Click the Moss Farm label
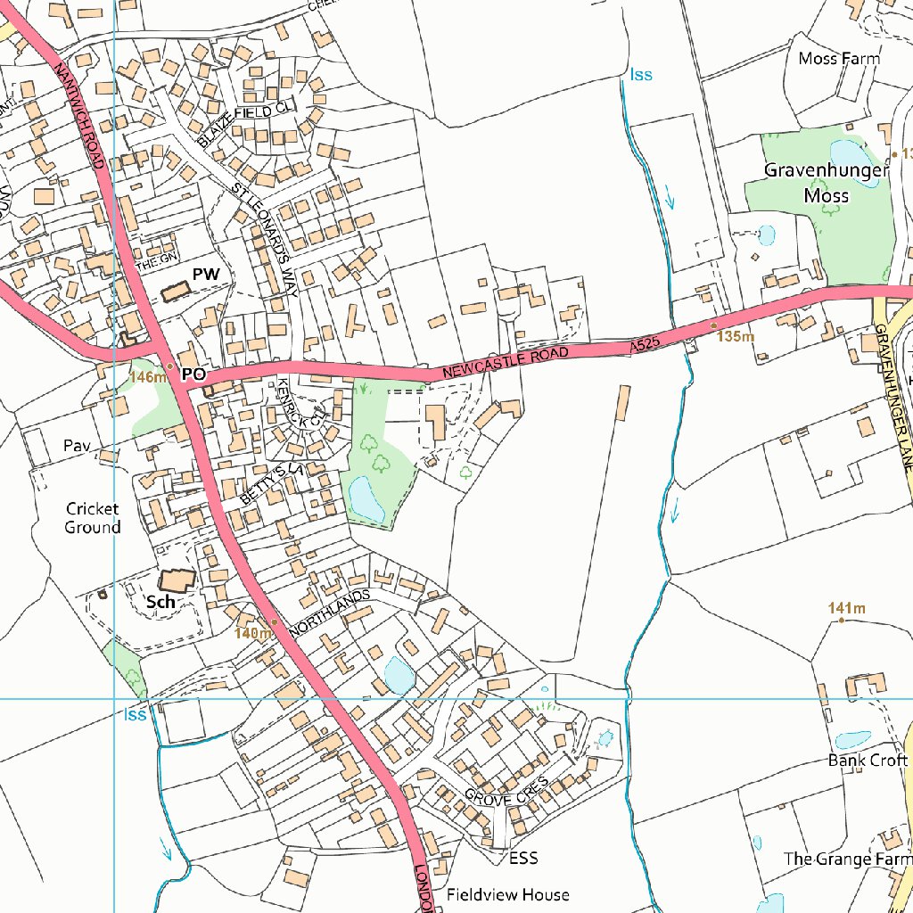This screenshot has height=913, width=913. click(x=838, y=59)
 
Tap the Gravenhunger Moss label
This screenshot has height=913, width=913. click(x=827, y=182)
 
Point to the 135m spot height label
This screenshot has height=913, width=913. click(x=736, y=337)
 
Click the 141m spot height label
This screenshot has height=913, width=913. click(x=847, y=609)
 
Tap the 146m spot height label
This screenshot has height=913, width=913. click(x=148, y=377)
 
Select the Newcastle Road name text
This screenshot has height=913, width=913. click(x=505, y=361)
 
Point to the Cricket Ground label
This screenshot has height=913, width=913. click(x=93, y=518)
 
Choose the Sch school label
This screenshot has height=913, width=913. click(x=160, y=602)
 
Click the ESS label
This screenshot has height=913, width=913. click(x=523, y=858)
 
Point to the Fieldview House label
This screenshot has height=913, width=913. click(x=507, y=894)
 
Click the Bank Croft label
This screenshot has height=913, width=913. click(x=867, y=761)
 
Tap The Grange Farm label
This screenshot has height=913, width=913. click(x=847, y=859)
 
